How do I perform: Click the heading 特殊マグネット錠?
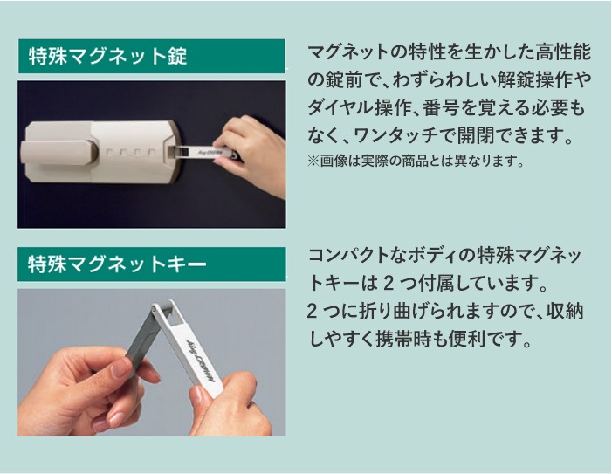pyautogui.click(x=107, y=56)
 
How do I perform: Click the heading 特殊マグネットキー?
pyautogui.click(x=117, y=264)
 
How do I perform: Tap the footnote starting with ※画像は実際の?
pyautogui.click(x=415, y=161)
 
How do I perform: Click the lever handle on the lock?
pyautogui.click(x=58, y=152)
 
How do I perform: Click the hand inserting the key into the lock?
pyautogui.click(x=251, y=155)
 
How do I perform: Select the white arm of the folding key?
pyautogui.click(x=189, y=348)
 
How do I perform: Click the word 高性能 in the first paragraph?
pyautogui.click(x=562, y=52)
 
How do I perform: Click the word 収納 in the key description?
pyautogui.click(x=564, y=311)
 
